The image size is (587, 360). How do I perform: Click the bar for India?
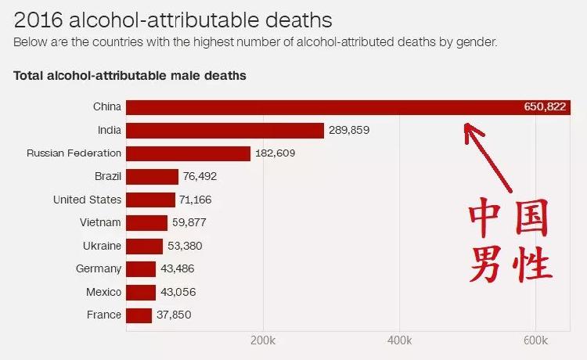click(x=225, y=130)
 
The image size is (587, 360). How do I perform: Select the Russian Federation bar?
click(x=188, y=153)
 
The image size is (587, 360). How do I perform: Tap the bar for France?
click(x=139, y=315)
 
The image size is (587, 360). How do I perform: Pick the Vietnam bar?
click(x=146, y=223)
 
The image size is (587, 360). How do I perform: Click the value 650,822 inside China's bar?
click(x=544, y=107)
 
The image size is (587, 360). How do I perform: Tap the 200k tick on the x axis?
click(x=263, y=341)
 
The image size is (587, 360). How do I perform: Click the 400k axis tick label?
click(x=399, y=341)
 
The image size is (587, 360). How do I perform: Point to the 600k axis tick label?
click(x=535, y=341)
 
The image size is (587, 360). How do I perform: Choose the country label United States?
click(x=87, y=200)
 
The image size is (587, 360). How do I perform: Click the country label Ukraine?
click(x=102, y=246)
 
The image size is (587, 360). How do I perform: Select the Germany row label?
click(x=99, y=269)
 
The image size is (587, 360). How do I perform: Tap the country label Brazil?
click(x=107, y=177)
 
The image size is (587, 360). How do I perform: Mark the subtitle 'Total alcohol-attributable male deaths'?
click(x=130, y=76)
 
